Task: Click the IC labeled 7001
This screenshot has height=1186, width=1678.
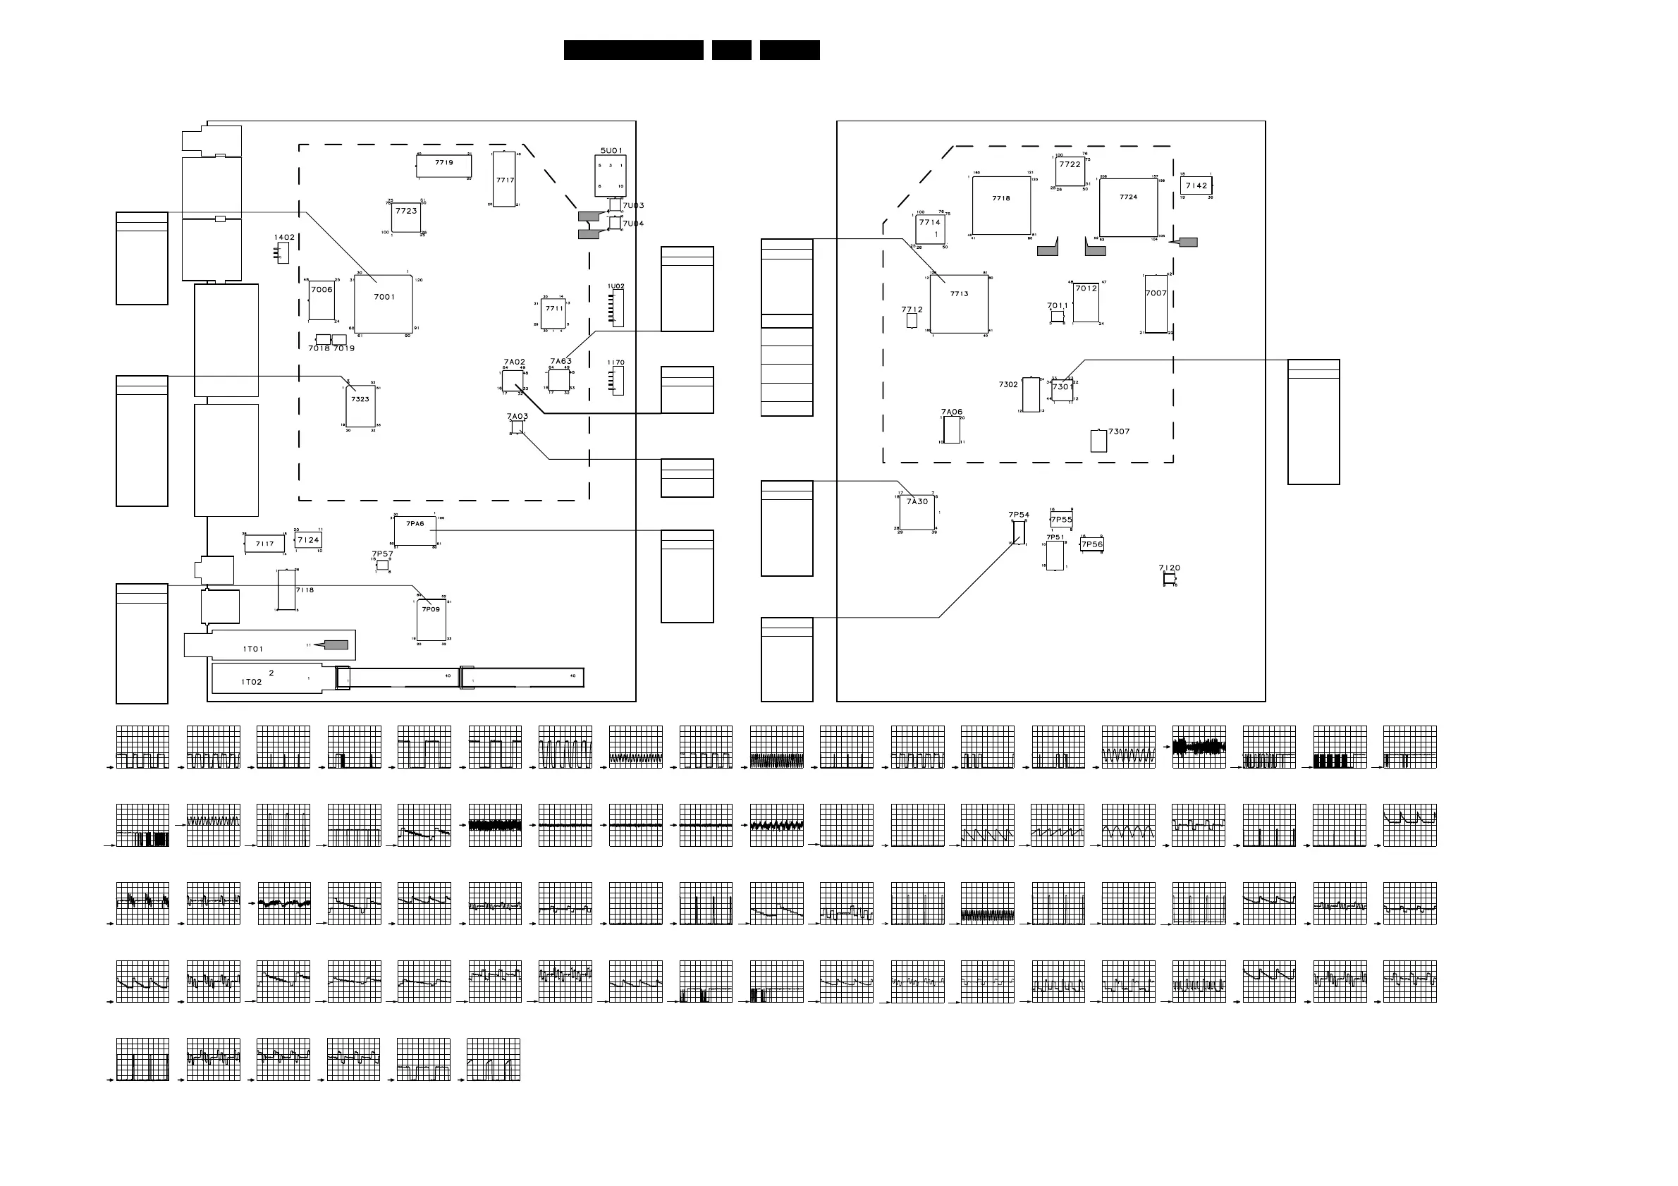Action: coord(384,304)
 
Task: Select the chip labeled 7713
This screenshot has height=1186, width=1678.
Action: coord(959,304)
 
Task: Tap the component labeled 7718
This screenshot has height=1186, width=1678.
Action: coord(1001,205)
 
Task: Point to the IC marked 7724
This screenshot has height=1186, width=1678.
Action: coord(1128,207)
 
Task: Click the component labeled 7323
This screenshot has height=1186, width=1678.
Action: coord(360,406)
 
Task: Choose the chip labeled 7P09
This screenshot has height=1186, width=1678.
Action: coord(431,620)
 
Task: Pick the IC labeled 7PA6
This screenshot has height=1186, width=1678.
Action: coord(415,530)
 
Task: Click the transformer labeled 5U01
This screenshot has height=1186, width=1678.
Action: coord(611,176)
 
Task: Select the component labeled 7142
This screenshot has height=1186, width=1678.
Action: coord(1196,185)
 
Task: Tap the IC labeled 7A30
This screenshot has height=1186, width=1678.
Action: coord(917,511)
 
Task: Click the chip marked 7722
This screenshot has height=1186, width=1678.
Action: coord(1070,171)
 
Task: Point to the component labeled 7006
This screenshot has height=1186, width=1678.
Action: coord(321,300)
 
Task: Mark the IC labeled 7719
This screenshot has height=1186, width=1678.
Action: coord(443,166)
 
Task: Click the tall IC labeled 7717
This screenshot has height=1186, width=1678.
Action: coord(504,180)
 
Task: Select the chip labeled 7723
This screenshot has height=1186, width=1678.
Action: coord(406,217)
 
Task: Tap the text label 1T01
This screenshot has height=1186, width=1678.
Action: coord(253,649)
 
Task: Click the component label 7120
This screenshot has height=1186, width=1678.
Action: coord(1170,568)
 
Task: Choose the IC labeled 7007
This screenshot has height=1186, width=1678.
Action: coord(1156,304)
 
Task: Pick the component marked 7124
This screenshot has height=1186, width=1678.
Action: coord(308,540)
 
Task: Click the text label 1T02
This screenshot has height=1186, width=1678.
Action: coord(252,682)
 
